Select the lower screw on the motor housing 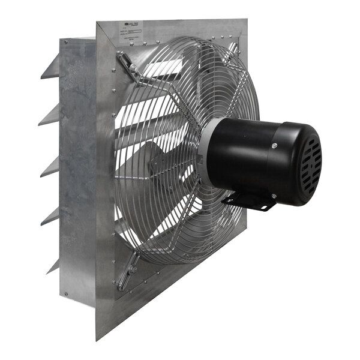[x=274, y=196]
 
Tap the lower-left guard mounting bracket [x=128, y=273]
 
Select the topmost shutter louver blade [x=50, y=67]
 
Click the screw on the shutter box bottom [x=65, y=294]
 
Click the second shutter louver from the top [x=50, y=115]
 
